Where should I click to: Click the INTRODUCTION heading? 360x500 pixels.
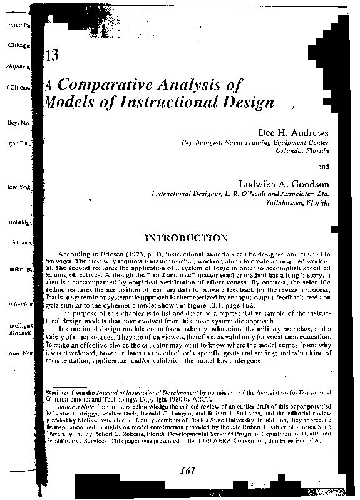point(186,238)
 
